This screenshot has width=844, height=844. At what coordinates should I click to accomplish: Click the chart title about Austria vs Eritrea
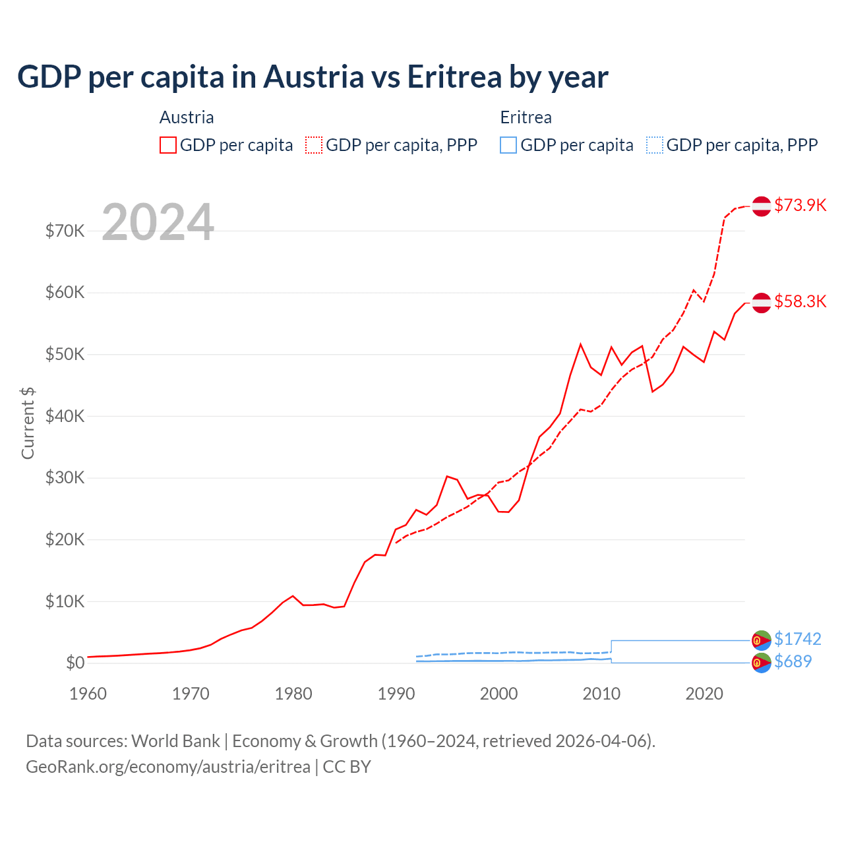coord(313,76)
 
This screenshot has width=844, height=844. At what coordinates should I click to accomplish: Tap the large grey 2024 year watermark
coord(158,222)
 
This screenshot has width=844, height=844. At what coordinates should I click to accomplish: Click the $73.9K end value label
coord(800,205)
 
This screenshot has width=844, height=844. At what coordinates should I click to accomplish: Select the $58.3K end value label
coord(800,301)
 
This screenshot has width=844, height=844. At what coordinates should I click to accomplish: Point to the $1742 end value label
coord(797,639)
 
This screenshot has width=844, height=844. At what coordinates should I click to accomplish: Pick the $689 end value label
coord(793,661)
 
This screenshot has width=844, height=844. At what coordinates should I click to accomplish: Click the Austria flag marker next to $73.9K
coord(762,206)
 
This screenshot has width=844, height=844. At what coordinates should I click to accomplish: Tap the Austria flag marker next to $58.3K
coord(762,302)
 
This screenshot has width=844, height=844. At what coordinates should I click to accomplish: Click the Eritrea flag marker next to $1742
coord(762,640)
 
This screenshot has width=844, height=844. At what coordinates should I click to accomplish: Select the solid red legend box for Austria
coord(168,145)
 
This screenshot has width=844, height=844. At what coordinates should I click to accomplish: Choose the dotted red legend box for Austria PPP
coord(314,145)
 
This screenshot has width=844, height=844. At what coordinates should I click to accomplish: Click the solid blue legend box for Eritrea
coord(508,145)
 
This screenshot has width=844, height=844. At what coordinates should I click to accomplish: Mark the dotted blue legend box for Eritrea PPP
coord(655,145)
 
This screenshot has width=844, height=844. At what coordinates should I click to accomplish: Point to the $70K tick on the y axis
coord(65,231)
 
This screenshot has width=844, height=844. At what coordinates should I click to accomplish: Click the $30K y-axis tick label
coord(65,478)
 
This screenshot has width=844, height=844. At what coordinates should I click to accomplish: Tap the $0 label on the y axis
coord(75,663)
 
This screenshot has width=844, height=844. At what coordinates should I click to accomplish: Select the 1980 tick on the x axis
coord(293,694)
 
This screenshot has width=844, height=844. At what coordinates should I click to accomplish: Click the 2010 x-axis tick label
coord(601,694)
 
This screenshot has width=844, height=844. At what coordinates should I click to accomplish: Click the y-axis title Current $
coord(28,423)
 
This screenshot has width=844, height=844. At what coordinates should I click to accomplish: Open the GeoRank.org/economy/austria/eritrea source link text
coord(168,767)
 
